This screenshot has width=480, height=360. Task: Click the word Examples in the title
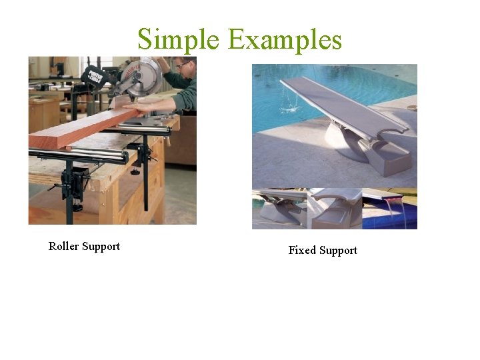tap(285, 39)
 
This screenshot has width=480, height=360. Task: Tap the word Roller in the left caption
tap(64, 247)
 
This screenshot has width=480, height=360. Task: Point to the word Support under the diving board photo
tap(339, 251)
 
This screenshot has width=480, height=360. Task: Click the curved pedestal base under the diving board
tap(347, 143)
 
